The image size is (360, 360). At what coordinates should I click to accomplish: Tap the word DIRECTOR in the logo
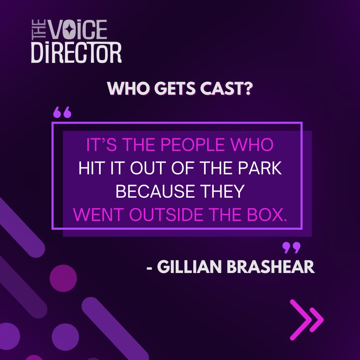click(x=76, y=53)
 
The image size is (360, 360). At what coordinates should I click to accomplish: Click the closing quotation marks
click(x=291, y=248)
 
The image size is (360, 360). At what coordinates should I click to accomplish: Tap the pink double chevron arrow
click(x=306, y=320)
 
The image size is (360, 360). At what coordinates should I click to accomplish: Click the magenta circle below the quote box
click(x=63, y=278)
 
